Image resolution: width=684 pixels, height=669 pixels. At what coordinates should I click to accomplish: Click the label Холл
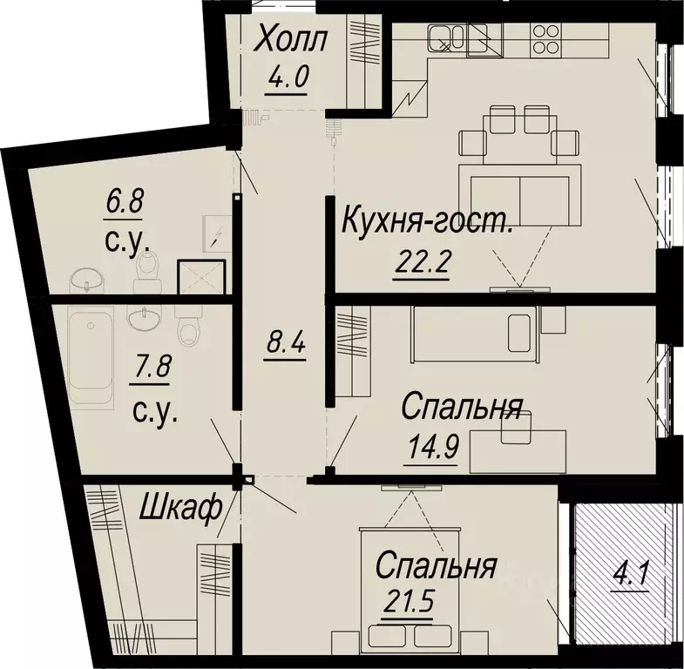[x=291, y=40]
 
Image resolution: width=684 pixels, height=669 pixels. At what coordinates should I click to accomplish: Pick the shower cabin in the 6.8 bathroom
[x=201, y=278]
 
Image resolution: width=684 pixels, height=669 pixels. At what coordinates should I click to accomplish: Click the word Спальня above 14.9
[x=462, y=407]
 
